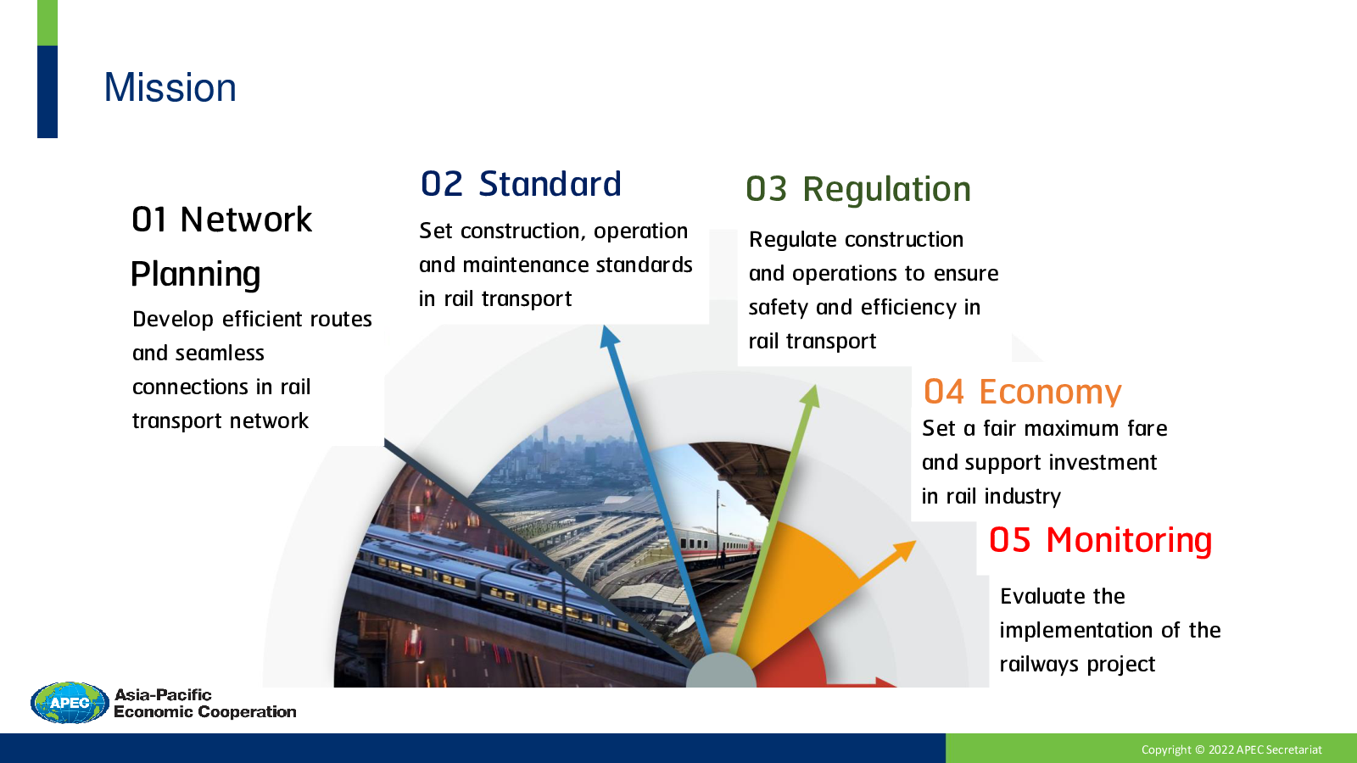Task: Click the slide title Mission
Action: (170, 88)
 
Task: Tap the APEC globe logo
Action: (70, 703)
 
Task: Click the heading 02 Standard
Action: (521, 184)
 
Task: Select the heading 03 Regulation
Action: (857, 190)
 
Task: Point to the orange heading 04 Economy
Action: (1023, 392)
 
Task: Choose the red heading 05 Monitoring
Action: (1100, 539)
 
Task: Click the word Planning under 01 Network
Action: (196, 275)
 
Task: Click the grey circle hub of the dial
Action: (721, 671)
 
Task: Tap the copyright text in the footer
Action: (1231, 749)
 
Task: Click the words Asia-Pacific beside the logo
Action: (163, 694)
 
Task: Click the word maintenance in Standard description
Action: (526, 265)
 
